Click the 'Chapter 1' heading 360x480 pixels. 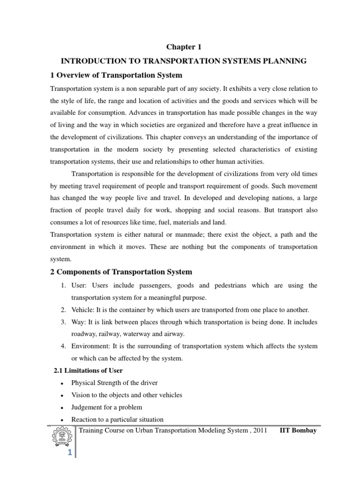(180, 46)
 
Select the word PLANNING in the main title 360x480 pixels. (283, 61)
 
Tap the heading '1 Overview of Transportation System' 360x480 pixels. (116, 75)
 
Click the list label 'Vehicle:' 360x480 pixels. (83, 310)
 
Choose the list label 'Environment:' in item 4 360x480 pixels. (90, 346)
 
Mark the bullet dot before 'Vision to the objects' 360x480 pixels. (62, 395)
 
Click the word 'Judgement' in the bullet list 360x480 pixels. (86, 407)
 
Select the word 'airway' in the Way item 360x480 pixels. (174, 334)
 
